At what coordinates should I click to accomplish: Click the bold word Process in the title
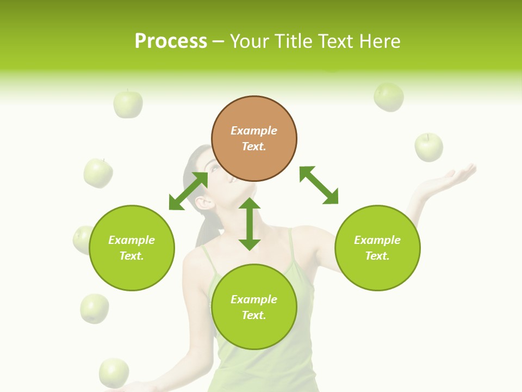tap(171, 41)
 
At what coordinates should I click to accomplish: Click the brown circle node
tap(254, 139)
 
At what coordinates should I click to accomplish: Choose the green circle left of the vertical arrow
tap(132, 248)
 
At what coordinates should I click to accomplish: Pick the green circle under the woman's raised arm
tap(377, 248)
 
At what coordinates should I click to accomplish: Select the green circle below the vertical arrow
tap(254, 307)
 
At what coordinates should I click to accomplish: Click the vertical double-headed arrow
tap(250, 224)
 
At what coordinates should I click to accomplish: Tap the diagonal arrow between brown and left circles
tap(188, 191)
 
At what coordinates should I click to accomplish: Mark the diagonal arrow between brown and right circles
tap(319, 185)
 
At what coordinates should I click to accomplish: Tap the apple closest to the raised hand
tap(428, 147)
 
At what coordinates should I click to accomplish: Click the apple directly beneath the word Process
tap(128, 104)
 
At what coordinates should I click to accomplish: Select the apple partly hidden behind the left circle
tap(82, 240)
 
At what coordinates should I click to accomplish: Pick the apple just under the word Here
tap(389, 97)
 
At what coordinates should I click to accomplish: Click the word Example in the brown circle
tap(254, 131)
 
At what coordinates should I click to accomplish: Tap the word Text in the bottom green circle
tap(253, 315)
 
